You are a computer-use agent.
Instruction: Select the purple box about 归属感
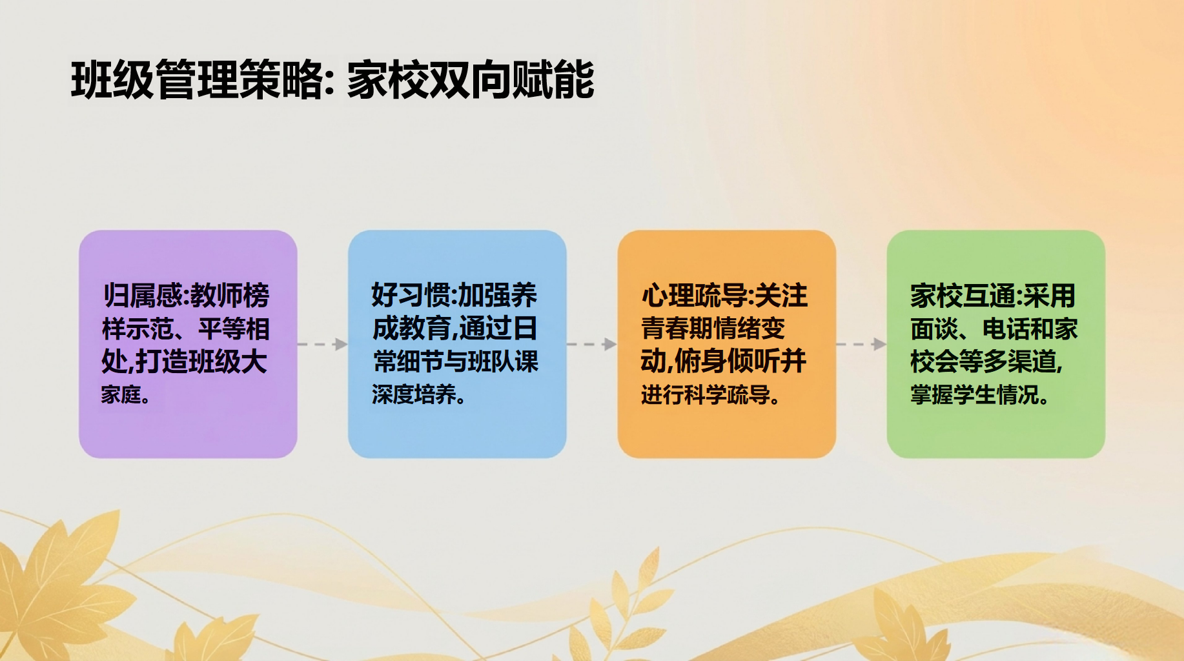(188, 344)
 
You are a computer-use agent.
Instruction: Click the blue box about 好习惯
(457, 344)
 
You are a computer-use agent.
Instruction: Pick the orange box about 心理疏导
(727, 344)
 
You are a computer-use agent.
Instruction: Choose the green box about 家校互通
(996, 344)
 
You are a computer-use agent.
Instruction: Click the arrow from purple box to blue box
(323, 344)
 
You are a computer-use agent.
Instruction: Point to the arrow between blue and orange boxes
(592, 344)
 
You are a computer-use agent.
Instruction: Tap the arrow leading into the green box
(861, 344)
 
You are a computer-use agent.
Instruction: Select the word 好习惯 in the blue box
(411, 296)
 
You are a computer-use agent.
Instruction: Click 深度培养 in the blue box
(414, 394)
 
